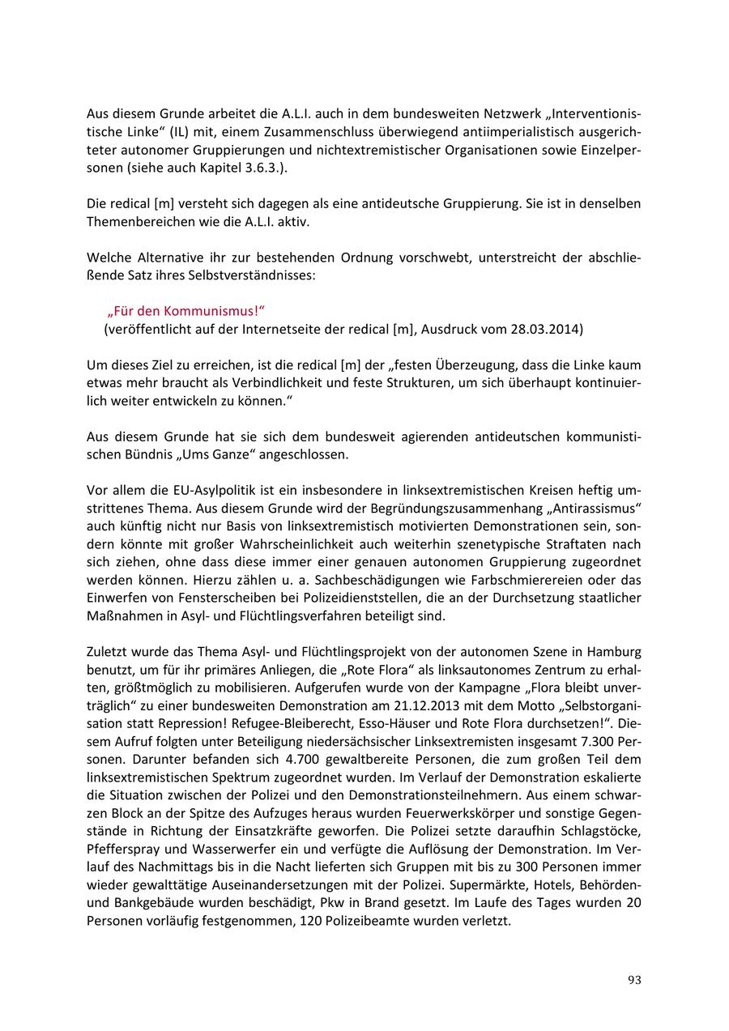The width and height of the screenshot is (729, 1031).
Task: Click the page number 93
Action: pyautogui.click(x=634, y=980)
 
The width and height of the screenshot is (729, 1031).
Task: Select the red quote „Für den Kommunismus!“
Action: pyautogui.click(x=186, y=311)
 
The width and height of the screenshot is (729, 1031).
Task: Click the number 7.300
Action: pyautogui.click(x=595, y=741)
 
